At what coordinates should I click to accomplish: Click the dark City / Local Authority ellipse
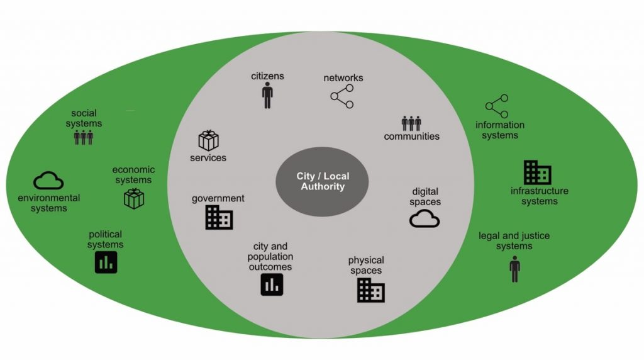coord(322,182)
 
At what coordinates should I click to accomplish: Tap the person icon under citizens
coord(268,96)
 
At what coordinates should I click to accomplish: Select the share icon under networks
coord(342,96)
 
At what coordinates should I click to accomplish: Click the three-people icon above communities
coord(411,123)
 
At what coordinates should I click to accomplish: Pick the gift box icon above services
coord(208,140)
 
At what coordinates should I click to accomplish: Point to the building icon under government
coord(219,217)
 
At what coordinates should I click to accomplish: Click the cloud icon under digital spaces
coord(425,218)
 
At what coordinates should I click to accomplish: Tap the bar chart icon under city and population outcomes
coord(272,285)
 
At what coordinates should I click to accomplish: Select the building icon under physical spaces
coord(371,290)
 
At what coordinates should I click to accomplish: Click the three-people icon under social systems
coord(84,137)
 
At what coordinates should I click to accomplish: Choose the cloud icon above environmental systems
coord(48,181)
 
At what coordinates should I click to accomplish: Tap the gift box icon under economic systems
coord(134,199)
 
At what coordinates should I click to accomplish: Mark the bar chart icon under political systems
coord(106,262)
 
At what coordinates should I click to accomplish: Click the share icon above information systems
coord(496,106)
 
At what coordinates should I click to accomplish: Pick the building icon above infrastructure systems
coord(538,172)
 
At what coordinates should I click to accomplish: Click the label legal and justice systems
coord(514,240)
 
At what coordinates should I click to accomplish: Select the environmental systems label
coord(49,203)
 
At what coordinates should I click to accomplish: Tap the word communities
coord(412,136)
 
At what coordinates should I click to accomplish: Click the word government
coord(218,199)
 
